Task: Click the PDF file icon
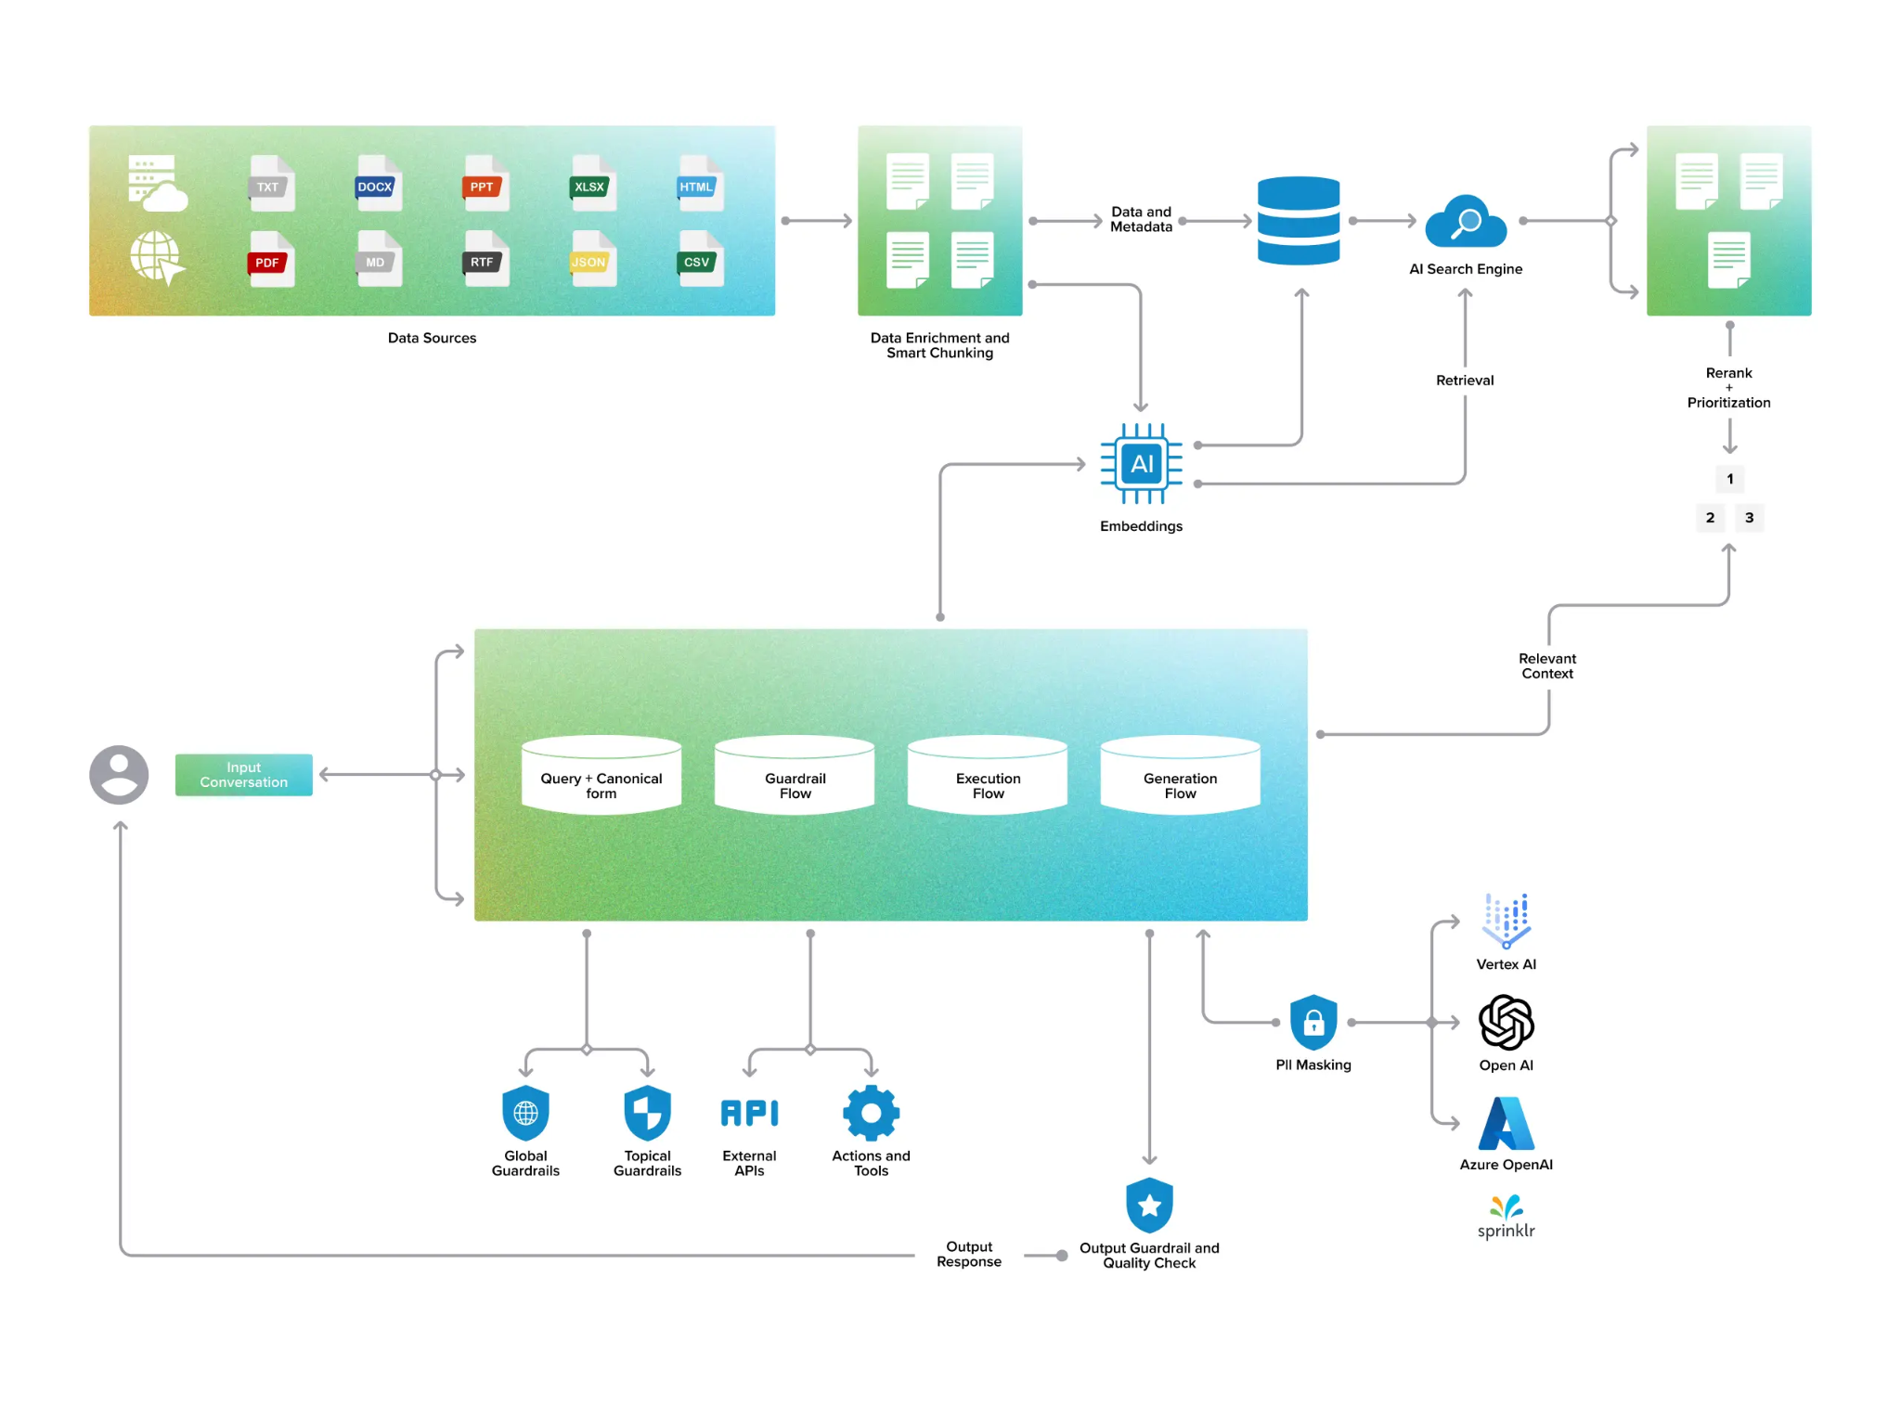click(270, 259)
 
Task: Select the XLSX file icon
click(591, 184)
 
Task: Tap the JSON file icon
click(591, 259)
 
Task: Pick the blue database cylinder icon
click(1298, 220)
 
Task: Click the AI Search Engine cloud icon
click(1465, 223)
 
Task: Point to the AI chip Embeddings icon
click(1141, 463)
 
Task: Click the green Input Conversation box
click(243, 774)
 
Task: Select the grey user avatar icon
click(119, 774)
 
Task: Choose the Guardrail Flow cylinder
click(795, 776)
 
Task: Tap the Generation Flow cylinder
click(1180, 776)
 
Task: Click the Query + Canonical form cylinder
click(601, 776)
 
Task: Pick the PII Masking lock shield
click(1313, 1022)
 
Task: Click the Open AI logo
click(1506, 1022)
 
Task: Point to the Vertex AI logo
click(1506, 920)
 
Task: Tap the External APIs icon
click(749, 1112)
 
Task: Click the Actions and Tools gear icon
click(871, 1112)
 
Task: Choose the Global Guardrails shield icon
click(525, 1112)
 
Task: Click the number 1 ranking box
click(1729, 479)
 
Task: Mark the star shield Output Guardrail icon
click(1149, 1205)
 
